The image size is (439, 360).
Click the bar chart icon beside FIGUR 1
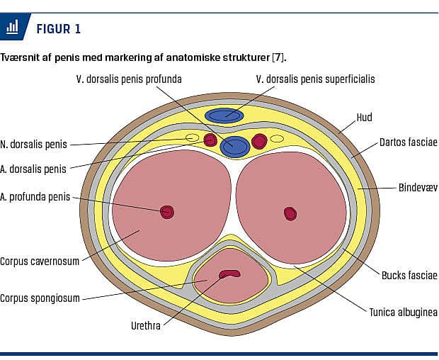pos(12,28)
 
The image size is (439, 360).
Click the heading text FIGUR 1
pos(58,29)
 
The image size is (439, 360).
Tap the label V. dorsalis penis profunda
pos(129,79)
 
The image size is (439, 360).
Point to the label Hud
pos(364,117)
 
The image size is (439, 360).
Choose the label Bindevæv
pos(416,188)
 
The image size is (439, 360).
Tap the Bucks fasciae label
pos(409,275)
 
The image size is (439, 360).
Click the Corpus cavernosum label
pos(40,261)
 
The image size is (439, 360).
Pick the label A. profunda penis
pos(35,197)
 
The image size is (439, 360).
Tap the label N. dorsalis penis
pos(34,144)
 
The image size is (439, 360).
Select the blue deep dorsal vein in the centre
pos(234,147)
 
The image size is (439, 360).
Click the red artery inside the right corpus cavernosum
pos(290,213)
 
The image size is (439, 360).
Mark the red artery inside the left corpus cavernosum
pos(167,211)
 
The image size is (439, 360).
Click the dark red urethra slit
pos(229,274)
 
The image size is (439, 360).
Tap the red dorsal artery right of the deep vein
pos(260,140)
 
